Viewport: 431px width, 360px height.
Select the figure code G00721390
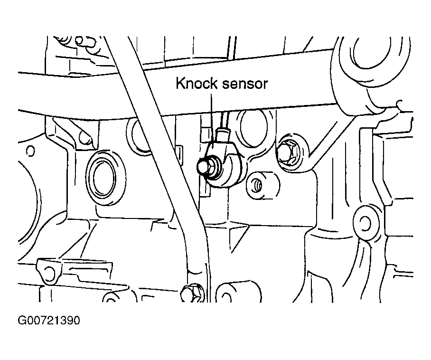tap(49, 321)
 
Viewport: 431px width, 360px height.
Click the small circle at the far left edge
tap(30, 151)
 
